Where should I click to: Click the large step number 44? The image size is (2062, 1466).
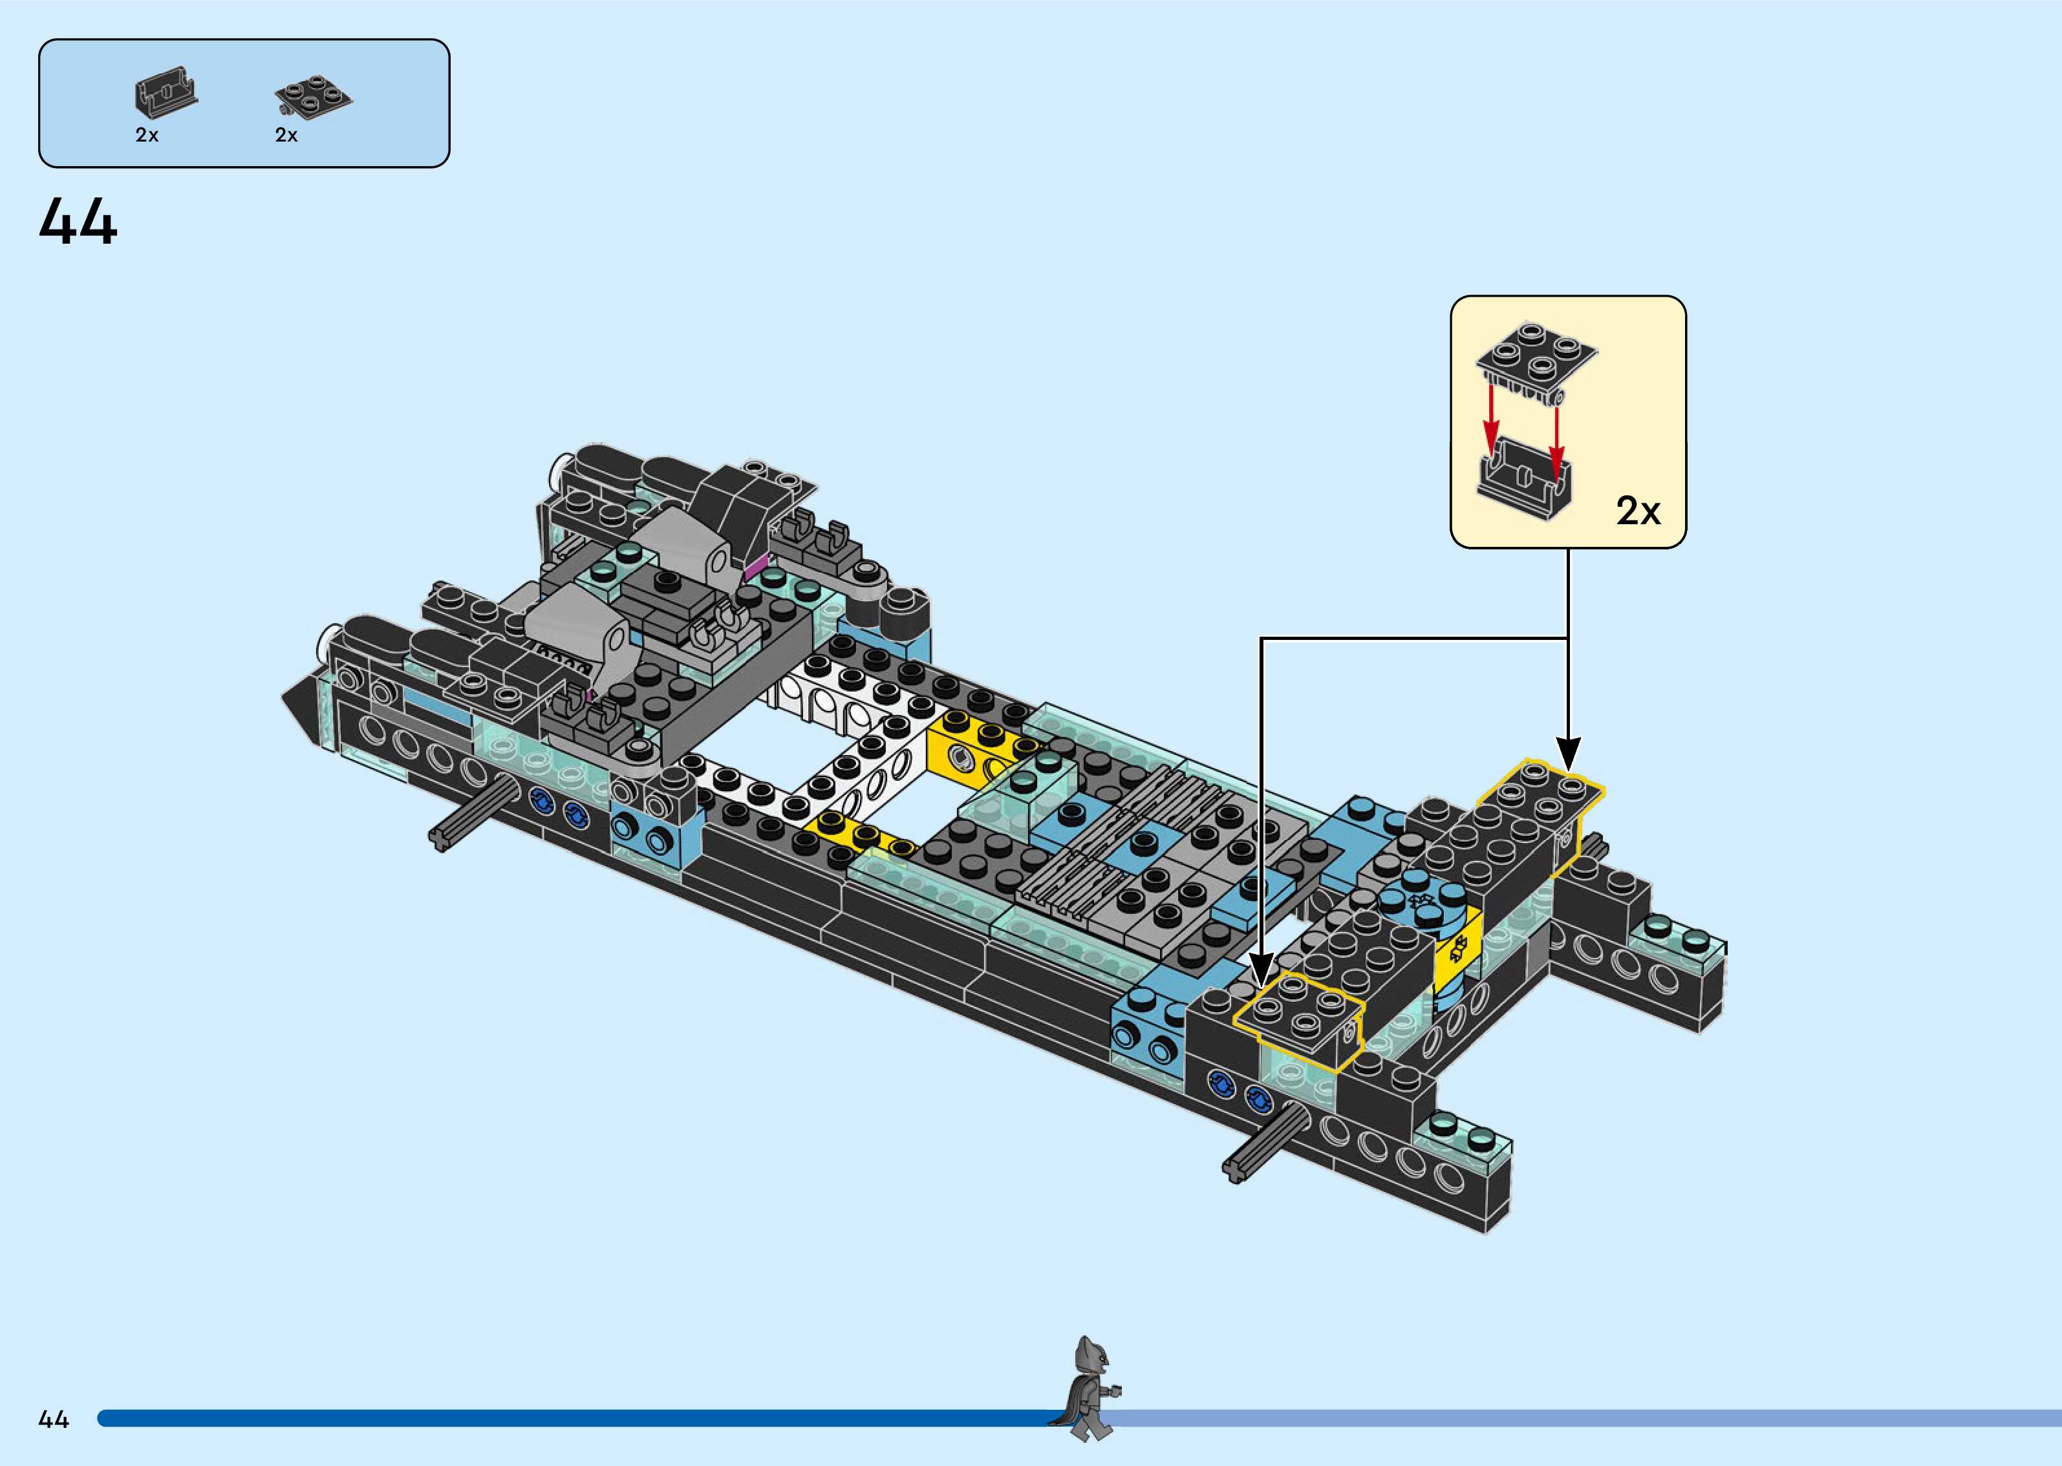[78, 223]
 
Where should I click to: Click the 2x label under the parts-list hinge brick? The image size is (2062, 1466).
[147, 135]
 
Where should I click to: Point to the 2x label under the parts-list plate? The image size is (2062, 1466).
[286, 135]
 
